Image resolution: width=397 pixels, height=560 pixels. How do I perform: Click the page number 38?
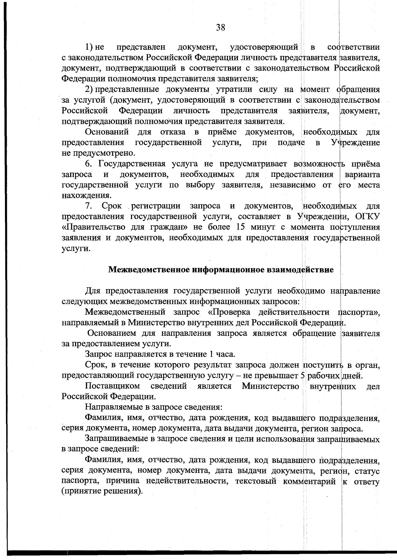pos(221,27)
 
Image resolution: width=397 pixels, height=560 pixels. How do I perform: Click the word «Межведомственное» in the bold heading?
pos(149,270)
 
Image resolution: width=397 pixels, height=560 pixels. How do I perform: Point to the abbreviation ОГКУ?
pos(368,217)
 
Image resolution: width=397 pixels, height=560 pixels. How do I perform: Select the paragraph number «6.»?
pos(89,164)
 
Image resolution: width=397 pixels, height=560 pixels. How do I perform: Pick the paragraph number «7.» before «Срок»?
pos(89,206)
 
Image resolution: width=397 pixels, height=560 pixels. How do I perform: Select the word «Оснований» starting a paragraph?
pos(107,132)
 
